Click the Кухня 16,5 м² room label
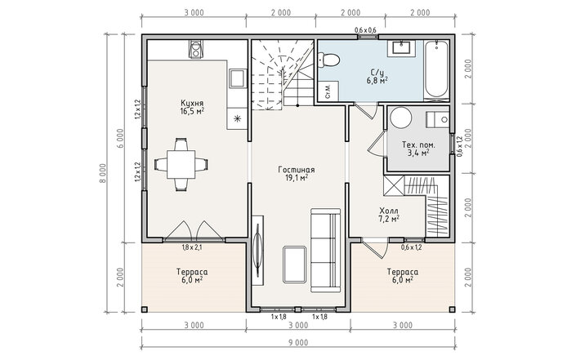pos(192,107)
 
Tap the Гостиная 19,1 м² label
pos(297,174)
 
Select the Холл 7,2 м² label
pos(389,215)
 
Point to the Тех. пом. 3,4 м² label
pos(418,149)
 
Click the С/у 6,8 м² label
pos(377,77)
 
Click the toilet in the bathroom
pos(328,60)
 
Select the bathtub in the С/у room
pos(436,69)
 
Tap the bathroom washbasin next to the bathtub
pos(401,48)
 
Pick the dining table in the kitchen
pos(181,164)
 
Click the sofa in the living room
pos(326,251)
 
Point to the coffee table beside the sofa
pos(295,264)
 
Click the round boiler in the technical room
pos(401,118)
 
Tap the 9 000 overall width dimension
pos(298,343)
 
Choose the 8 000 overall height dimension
pos(103,173)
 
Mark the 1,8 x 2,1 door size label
pos(192,247)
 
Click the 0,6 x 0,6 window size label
pos(365,30)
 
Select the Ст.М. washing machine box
pos(328,91)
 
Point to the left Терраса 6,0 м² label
pos(192,276)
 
